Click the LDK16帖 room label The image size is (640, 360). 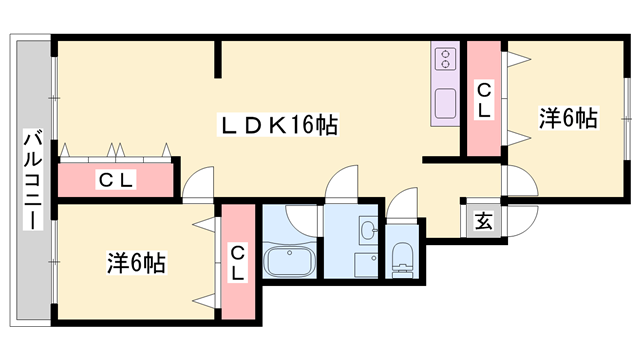277,125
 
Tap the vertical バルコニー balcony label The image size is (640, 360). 31,180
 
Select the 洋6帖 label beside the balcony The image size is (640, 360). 136,264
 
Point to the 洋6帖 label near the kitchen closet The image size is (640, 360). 568,119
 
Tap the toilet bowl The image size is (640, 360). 403,257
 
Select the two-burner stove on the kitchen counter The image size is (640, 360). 445,60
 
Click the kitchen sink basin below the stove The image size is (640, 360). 445,100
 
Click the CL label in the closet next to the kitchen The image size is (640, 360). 483,100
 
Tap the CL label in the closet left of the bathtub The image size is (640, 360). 238,262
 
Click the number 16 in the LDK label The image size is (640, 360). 303,125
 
